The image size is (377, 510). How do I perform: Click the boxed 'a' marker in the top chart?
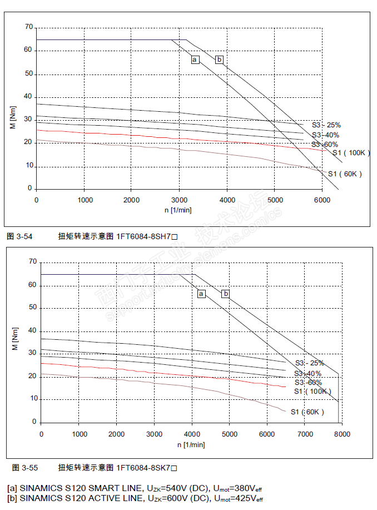195,60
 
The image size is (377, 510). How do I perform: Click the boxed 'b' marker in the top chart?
219,60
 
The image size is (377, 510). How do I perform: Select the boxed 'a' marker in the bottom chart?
201,294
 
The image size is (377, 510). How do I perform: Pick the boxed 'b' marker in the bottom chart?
226,294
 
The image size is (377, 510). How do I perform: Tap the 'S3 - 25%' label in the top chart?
326,125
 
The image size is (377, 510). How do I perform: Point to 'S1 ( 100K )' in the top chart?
348,153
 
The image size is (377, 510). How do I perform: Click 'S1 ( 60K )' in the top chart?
345,174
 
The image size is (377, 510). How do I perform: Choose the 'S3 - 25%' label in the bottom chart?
309,363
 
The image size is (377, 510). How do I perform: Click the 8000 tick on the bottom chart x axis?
342,434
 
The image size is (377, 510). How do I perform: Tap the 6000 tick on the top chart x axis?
322,200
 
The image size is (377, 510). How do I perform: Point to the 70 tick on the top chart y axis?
28,27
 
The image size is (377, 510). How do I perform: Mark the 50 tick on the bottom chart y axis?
32,307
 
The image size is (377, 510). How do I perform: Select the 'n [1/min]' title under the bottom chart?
191,444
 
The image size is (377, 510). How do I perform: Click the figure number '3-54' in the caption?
24,236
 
